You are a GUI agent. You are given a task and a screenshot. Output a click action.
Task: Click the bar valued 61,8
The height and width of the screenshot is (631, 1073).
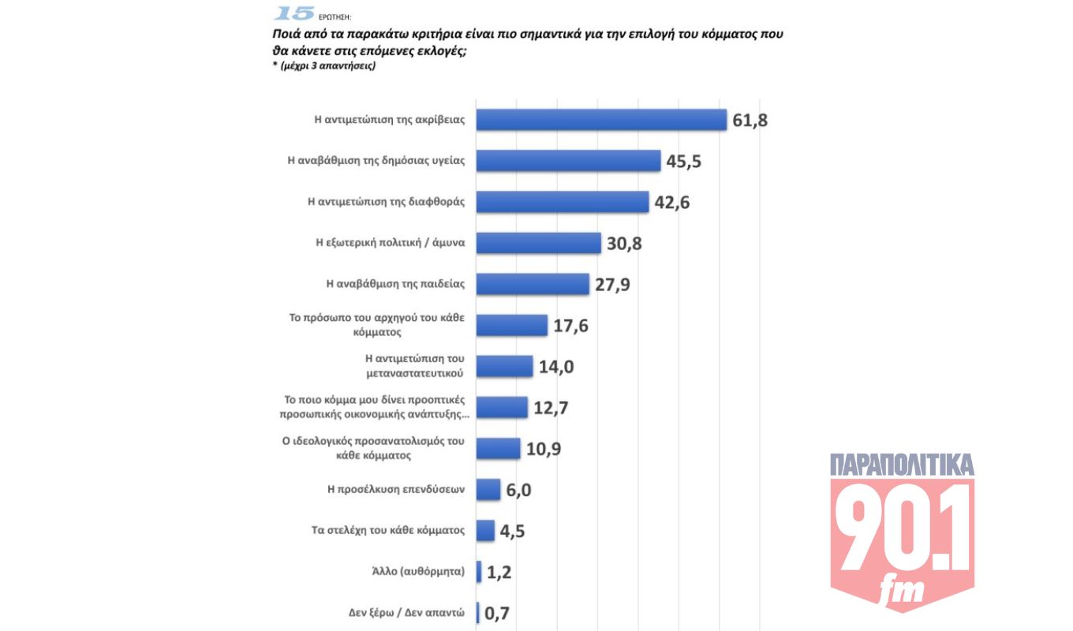[601, 119]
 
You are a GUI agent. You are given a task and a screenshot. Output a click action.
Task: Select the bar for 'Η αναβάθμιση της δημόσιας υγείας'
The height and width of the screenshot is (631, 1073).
[568, 160]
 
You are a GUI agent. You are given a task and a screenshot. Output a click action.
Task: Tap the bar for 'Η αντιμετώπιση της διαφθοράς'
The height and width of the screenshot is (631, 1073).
[563, 201]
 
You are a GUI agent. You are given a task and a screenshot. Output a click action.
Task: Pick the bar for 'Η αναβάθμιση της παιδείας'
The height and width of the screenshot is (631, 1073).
[533, 284]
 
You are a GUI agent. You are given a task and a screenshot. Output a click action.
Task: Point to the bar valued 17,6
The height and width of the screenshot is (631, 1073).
[512, 325]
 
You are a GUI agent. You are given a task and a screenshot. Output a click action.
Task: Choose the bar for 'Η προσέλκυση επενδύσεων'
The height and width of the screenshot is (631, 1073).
[488, 489]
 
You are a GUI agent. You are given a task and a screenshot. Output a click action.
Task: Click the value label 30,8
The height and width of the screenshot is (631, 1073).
[624, 244]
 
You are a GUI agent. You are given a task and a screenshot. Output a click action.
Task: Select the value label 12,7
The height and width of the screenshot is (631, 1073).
[551, 408]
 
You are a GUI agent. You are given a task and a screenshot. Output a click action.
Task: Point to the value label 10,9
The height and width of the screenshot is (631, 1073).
[543, 449]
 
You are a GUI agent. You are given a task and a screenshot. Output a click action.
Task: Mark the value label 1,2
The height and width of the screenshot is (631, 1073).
[499, 572]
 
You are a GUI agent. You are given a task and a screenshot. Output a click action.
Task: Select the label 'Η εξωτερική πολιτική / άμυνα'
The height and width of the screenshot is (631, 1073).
[390, 243]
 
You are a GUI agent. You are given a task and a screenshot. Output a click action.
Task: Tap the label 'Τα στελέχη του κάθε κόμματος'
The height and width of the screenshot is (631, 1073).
[388, 530]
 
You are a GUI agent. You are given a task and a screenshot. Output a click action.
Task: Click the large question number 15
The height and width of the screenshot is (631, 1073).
[293, 13]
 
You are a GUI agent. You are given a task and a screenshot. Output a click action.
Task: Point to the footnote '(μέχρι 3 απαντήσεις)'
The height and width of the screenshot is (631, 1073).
[323, 66]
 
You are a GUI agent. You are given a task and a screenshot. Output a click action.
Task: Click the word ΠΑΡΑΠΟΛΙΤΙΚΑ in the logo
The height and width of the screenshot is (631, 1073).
[902, 465]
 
